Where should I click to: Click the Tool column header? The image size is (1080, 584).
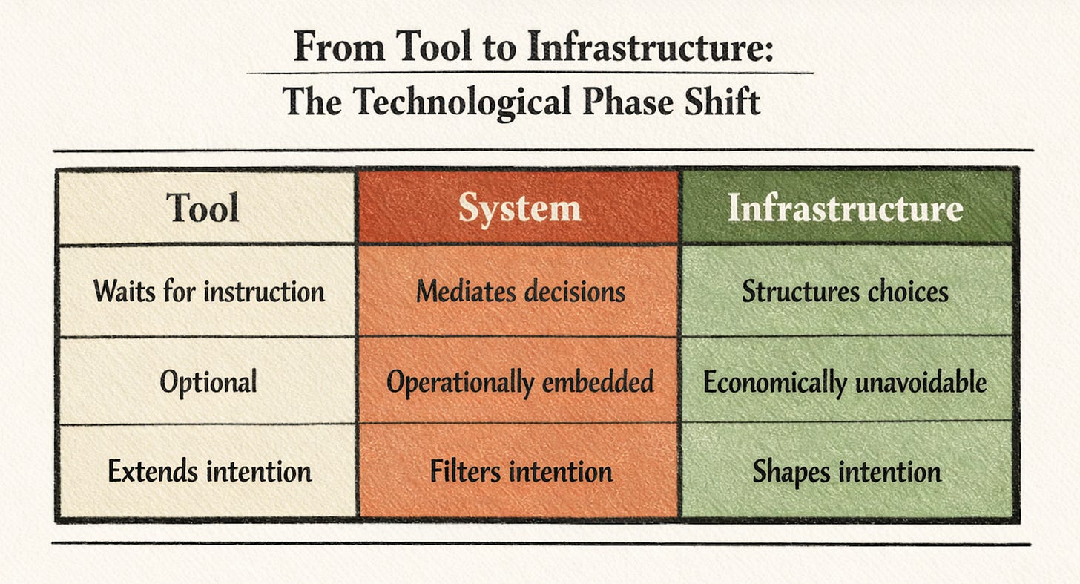point(202,208)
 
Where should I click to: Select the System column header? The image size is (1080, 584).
point(518,208)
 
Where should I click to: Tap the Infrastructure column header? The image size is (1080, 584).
point(845,208)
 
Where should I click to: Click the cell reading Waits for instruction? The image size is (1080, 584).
point(209,291)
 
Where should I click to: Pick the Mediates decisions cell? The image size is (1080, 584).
point(520,291)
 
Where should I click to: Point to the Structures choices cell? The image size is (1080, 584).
point(845,291)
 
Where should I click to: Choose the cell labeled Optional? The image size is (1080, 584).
point(208,381)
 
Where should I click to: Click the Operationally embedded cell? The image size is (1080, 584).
point(520,381)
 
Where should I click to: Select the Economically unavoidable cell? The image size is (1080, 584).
point(845,381)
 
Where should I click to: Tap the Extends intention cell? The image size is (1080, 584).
point(209,471)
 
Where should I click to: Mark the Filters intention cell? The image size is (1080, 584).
point(521,471)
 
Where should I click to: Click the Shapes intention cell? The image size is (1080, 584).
point(846,471)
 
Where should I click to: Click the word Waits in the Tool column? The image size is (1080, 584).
point(120,291)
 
